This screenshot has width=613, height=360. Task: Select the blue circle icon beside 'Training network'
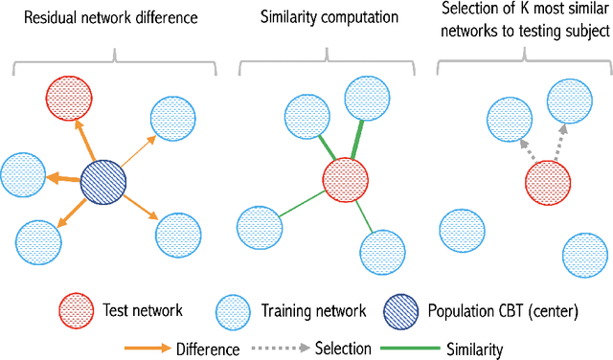coord(232,311)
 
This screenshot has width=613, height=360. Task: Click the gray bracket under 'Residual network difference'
coord(115,60)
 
